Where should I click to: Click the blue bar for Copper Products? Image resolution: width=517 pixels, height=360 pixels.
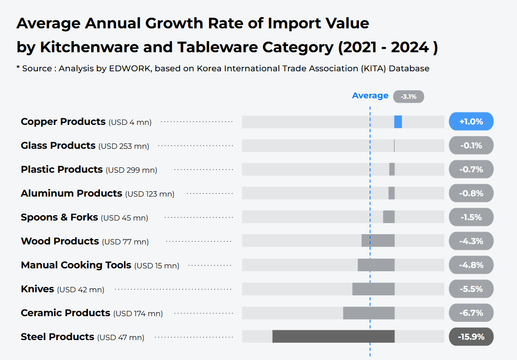(398, 122)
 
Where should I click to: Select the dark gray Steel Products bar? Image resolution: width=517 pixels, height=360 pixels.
(333, 337)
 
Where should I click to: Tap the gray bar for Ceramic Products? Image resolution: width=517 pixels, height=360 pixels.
(369, 313)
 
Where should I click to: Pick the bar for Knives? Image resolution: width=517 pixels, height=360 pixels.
(373, 289)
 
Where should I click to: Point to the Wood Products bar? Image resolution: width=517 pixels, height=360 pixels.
(378, 241)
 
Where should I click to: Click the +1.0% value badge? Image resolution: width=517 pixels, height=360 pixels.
(471, 122)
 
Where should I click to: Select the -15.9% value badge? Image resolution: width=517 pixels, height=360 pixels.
(471, 337)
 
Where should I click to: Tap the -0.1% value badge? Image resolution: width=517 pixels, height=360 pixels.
(471, 146)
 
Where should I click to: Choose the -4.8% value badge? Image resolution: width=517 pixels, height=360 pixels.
(471, 265)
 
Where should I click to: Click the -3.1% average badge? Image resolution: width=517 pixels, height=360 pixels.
(408, 97)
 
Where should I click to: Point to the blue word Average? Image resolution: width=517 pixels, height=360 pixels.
(370, 96)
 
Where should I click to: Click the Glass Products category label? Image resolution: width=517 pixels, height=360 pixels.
(58, 146)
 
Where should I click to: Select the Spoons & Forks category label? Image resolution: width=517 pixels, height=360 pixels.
(59, 217)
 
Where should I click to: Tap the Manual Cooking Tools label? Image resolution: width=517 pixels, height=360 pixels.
(76, 265)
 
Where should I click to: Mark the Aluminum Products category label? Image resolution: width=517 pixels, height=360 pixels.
(71, 194)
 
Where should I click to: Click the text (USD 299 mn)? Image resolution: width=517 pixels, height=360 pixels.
(131, 170)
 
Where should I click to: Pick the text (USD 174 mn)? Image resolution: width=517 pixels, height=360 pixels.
(138, 314)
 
